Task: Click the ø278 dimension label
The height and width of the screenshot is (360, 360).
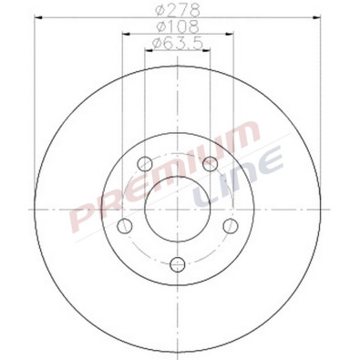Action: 178,11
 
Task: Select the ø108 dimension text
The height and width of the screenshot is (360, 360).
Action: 178,26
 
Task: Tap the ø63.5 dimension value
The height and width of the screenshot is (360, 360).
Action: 178,43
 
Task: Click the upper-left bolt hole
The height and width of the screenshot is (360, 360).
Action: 145,164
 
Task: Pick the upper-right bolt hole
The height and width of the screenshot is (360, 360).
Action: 211,164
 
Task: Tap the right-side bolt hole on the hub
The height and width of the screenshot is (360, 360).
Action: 231,227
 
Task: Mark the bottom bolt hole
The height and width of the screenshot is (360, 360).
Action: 178,265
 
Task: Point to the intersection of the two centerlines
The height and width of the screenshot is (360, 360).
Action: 178,210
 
